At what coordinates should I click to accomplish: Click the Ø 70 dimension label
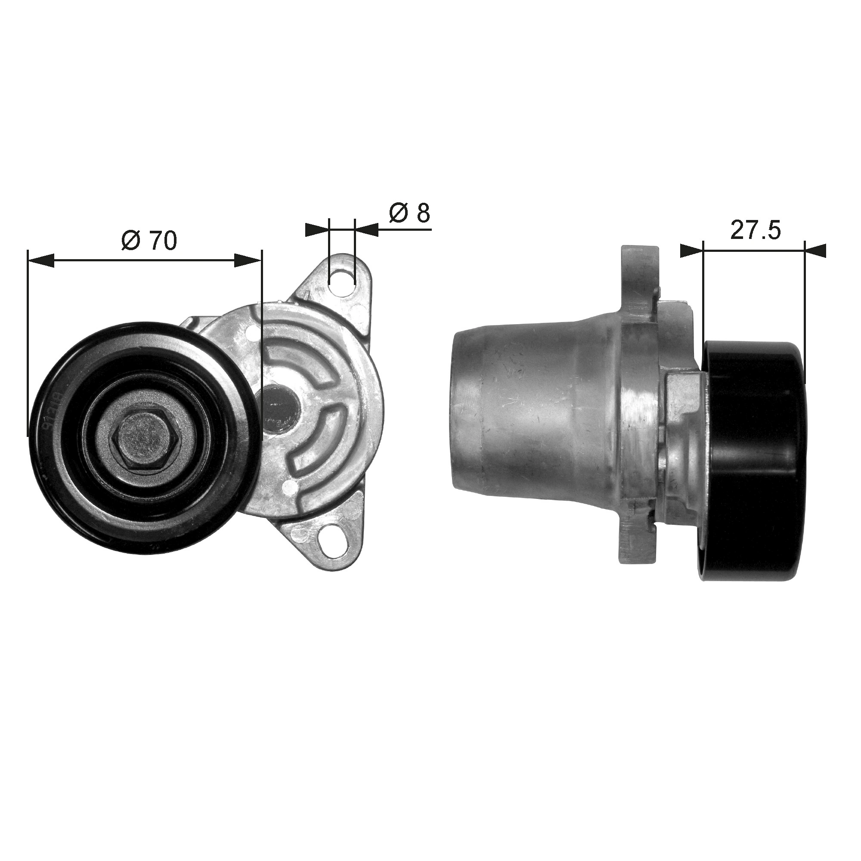pyautogui.click(x=149, y=241)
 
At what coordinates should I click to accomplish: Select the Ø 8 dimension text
pyautogui.click(x=409, y=213)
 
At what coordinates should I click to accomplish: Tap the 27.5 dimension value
pyautogui.click(x=755, y=231)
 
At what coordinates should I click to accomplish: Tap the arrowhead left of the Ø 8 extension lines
pyautogui.click(x=317, y=229)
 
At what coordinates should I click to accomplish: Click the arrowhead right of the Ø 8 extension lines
pyautogui.click(x=367, y=229)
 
